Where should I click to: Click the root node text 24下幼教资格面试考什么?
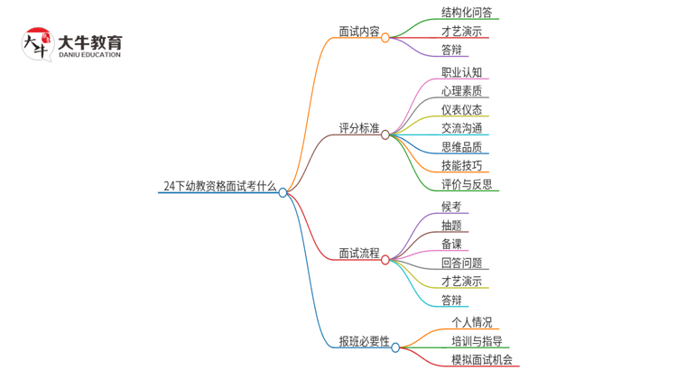pyautogui.click(x=219, y=186)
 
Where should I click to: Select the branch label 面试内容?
pyautogui.click(x=358, y=32)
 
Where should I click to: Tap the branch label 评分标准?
pyautogui.click(x=358, y=128)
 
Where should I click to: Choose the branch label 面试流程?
pyautogui.click(x=358, y=254)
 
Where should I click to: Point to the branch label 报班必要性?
pyautogui.click(x=364, y=341)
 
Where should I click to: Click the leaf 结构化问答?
pyautogui.click(x=467, y=13)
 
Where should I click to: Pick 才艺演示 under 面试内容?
pyautogui.click(x=461, y=31)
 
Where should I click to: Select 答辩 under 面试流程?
pyautogui.click(x=451, y=300)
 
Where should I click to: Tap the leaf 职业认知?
pyautogui.click(x=461, y=72)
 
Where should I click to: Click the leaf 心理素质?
pyautogui.click(x=461, y=91)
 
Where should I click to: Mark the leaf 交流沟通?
pyautogui.click(x=461, y=128)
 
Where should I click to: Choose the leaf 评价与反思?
pyautogui.click(x=467, y=184)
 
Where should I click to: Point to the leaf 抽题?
pyautogui.click(x=451, y=225)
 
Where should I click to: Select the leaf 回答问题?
pyautogui.click(x=461, y=263)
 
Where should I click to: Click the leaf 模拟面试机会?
pyautogui.click(x=482, y=359)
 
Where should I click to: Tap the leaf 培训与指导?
pyautogui.click(x=477, y=340)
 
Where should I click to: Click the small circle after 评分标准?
pyautogui.click(x=385, y=134)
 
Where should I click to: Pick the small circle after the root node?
pyautogui.click(x=283, y=192)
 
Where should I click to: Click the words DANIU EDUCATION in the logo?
pyautogui.click(x=88, y=55)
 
